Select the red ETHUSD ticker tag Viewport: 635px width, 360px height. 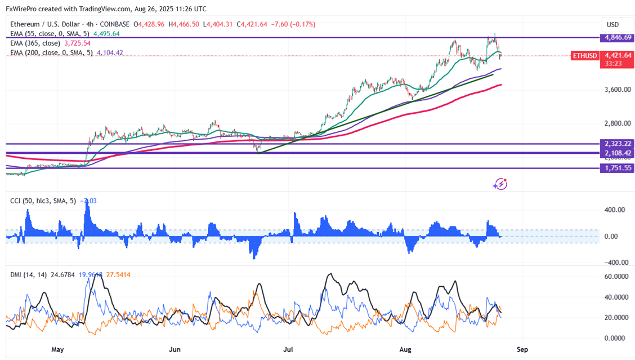tap(584, 56)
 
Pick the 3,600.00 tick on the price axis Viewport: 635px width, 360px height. tap(616, 90)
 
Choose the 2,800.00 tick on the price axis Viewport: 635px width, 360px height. tap(616, 123)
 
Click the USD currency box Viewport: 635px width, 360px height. tap(612, 25)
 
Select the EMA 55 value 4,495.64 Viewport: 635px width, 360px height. tap(106, 34)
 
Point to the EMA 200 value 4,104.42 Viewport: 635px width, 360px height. tap(110, 53)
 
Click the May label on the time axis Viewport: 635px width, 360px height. tap(58, 350)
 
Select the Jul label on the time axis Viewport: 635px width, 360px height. tap(289, 350)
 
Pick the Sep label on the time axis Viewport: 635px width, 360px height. tap(522, 350)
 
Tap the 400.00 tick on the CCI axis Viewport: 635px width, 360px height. tap(614, 210)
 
